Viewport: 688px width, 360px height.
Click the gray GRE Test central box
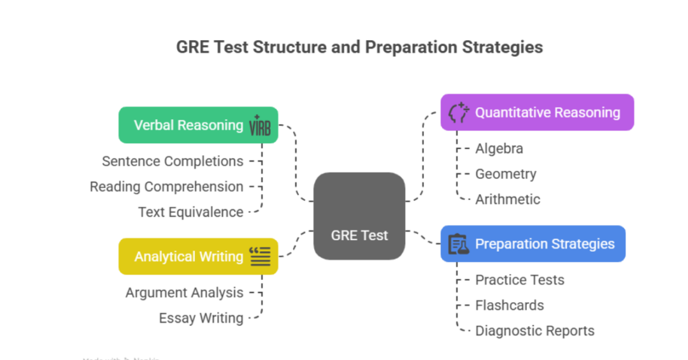359,217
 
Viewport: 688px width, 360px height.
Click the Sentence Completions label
173,161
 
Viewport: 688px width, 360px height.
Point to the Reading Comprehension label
166,187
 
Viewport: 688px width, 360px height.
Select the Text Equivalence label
190,212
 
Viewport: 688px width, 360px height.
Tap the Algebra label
499,148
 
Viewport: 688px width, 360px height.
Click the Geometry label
505,174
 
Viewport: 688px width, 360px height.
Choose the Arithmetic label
507,199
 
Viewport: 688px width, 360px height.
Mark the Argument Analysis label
184,292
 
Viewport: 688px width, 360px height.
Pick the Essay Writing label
201,318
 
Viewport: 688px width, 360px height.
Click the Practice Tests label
519,280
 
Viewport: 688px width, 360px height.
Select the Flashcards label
509,305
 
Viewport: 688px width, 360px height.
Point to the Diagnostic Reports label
534,331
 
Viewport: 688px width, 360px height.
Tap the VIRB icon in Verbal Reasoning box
260,126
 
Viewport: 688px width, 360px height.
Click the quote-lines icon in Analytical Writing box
260,256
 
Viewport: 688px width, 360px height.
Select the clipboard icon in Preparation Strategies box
459,244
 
